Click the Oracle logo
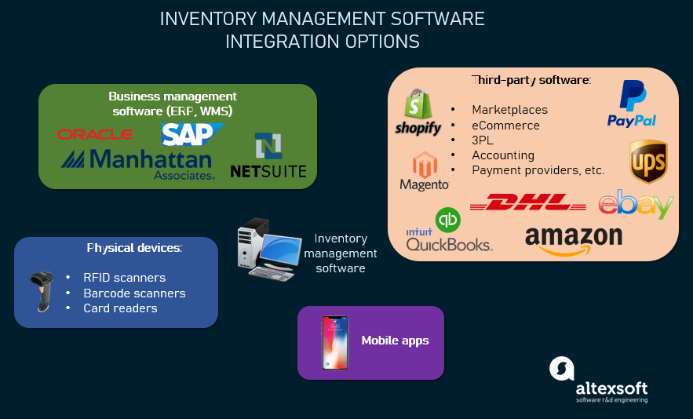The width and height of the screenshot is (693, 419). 95,134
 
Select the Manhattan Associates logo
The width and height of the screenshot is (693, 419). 138,164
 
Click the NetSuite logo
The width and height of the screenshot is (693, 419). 268,157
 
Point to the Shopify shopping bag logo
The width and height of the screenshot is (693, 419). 418,112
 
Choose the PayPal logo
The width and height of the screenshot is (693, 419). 632,104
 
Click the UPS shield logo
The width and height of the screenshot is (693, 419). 648,161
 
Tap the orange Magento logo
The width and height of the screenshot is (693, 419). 424,171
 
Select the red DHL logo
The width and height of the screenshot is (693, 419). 527,203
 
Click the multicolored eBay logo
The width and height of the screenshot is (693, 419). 636,204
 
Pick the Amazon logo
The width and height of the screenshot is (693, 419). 573,239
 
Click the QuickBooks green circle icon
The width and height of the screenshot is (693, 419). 448,220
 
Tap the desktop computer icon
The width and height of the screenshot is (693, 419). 266,250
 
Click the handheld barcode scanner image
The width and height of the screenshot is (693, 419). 40,290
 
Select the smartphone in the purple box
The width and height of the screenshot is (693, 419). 334,342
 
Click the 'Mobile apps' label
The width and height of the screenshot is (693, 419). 395,341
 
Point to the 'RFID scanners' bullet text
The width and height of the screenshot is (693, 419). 124,278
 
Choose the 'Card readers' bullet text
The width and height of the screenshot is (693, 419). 120,308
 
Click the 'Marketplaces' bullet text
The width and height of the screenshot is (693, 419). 509,110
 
